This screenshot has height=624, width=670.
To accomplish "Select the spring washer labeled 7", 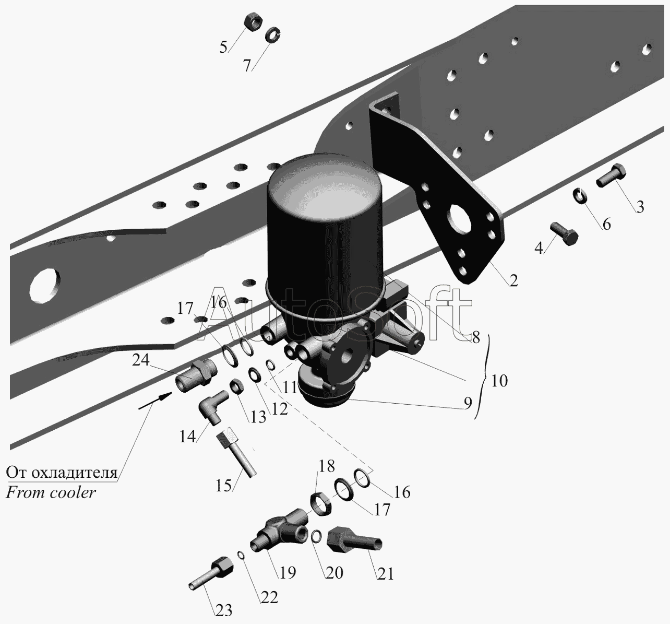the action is point(272,35).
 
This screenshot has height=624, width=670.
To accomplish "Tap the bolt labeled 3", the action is point(611,175).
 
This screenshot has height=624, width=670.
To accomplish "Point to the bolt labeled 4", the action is point(564,233).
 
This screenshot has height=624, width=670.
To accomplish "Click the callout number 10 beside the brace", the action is point(499,381).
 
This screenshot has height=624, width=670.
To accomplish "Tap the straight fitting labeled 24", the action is point(195,375).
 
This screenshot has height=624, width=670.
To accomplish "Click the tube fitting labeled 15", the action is point(236,452).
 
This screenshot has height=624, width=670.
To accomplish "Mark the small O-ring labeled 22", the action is point(241,555).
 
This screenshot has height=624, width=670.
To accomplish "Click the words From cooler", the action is point(51,492).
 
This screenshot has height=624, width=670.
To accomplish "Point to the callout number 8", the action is point(476,337).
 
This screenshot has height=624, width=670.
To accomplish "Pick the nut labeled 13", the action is point(237,386).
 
